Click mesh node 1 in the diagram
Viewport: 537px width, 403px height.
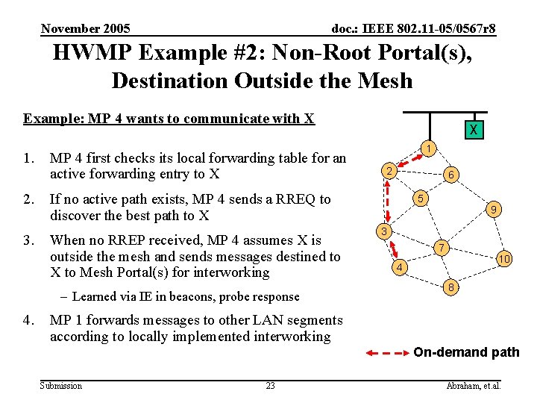coord(427,149)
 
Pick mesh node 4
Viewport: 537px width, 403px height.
coord(400,267)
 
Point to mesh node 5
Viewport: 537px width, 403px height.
coord(421,199)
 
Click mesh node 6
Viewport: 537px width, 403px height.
coord(451,175)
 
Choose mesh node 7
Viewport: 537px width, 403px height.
coord(442,247)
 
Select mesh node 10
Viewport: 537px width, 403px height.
coord(505,259)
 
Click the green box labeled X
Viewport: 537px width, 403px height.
coord(472,130)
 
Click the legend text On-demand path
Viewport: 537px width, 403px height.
coord(466,352)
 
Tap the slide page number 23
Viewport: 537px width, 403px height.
coord(270,386)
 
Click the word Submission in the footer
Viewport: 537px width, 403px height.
coord(61,386)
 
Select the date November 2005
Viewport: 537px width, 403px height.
coord(86,29)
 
